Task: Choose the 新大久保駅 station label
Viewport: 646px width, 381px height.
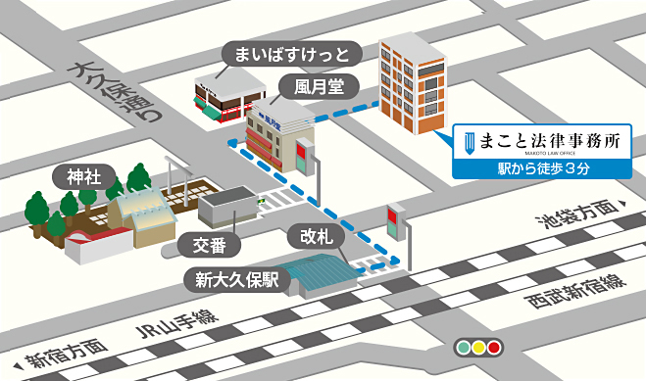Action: click(235, 279)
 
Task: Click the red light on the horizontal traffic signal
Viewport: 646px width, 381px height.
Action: click(493, 347)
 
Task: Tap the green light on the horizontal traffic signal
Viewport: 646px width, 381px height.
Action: click(462, 347)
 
